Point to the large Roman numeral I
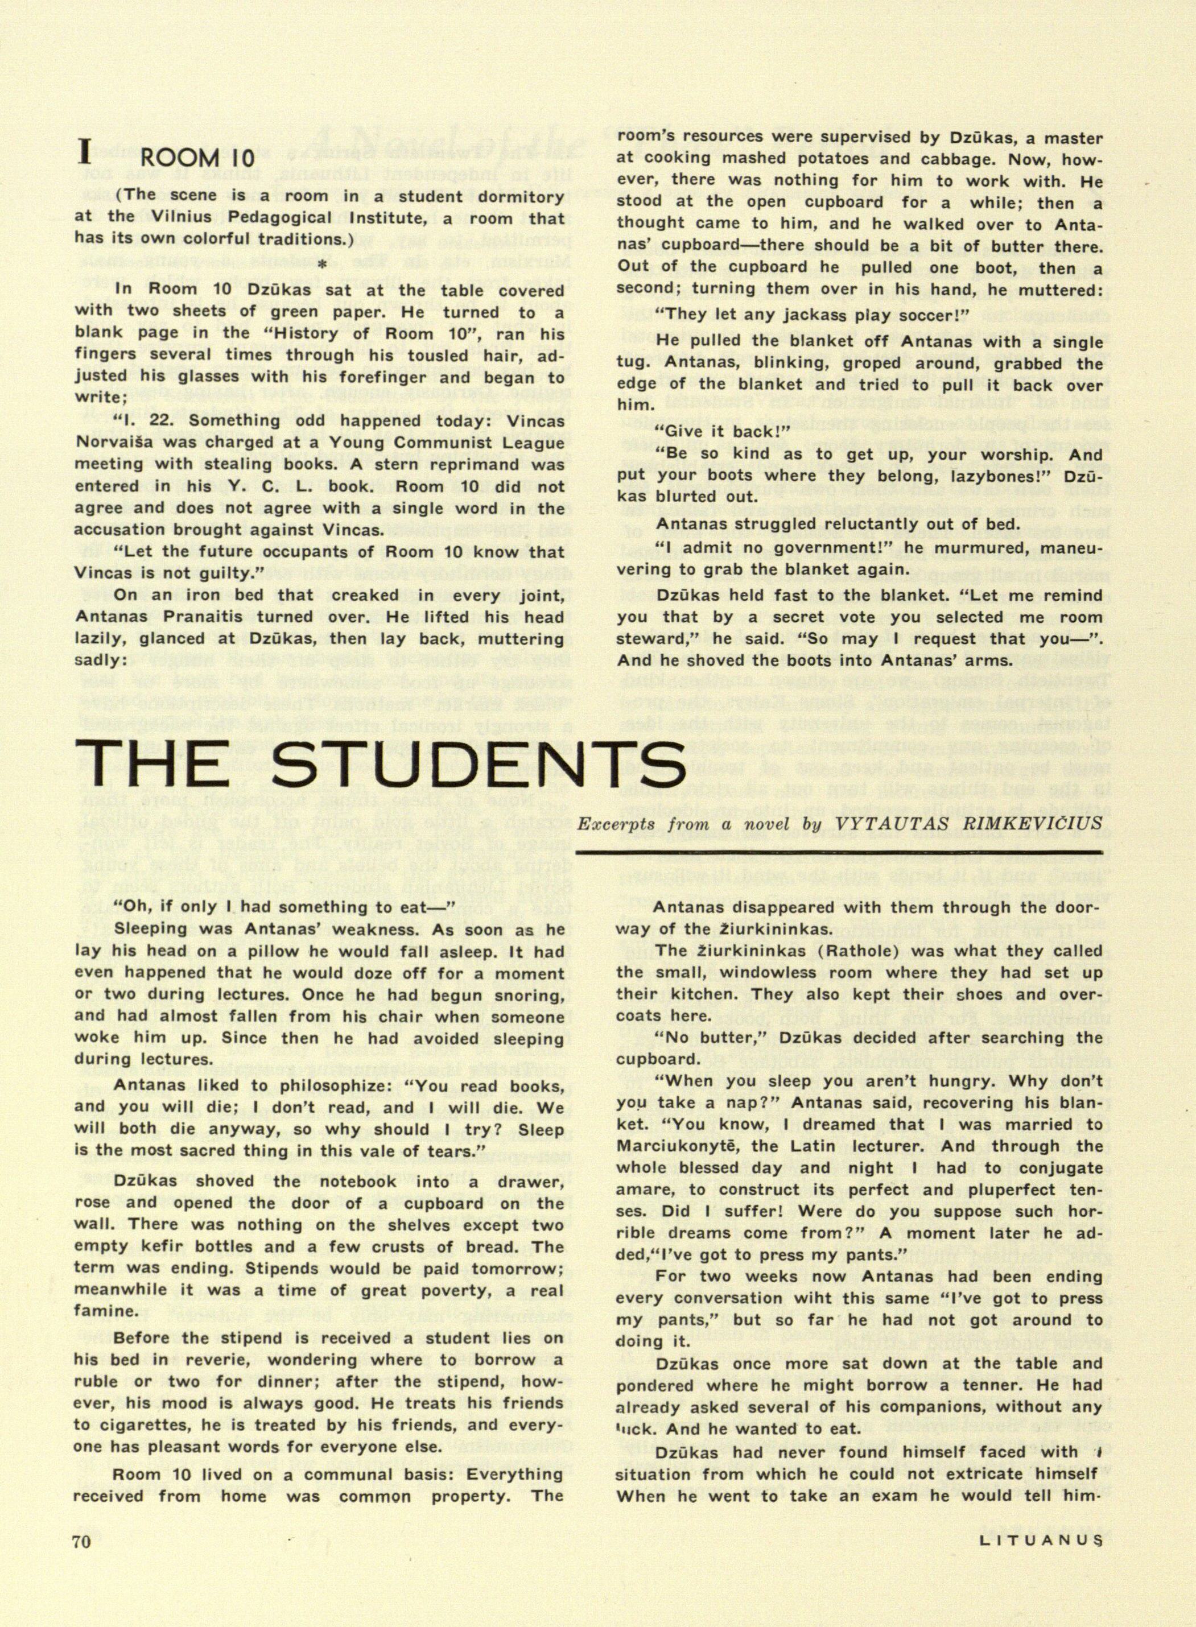pos(85,154)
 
